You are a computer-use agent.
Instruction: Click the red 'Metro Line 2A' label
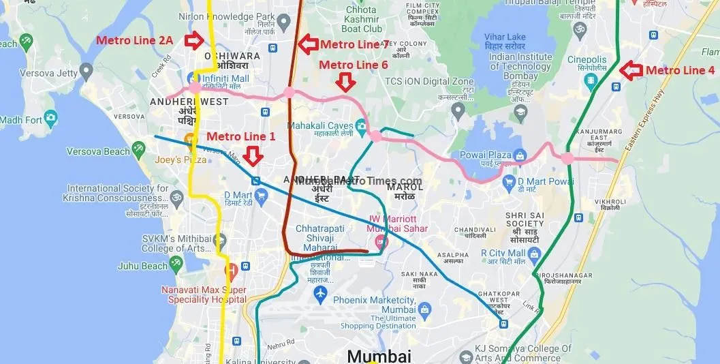click(135, 40)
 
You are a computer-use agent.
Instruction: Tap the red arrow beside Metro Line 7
click(309, 44)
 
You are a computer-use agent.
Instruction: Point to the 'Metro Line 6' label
click(354, 65)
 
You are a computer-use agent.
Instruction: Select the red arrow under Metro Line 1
click(253, 156)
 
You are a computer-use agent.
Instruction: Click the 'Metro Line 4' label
click(680, 70)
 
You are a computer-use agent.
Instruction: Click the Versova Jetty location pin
click(86, 70)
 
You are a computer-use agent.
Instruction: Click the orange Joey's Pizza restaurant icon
click(192, 141)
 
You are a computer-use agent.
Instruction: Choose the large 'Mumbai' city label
click(379, 356)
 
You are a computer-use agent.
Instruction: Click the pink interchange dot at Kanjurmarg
click(567, 159)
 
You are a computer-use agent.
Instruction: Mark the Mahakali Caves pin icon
click(361, 125)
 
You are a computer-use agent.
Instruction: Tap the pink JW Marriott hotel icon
click(380, 241)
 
